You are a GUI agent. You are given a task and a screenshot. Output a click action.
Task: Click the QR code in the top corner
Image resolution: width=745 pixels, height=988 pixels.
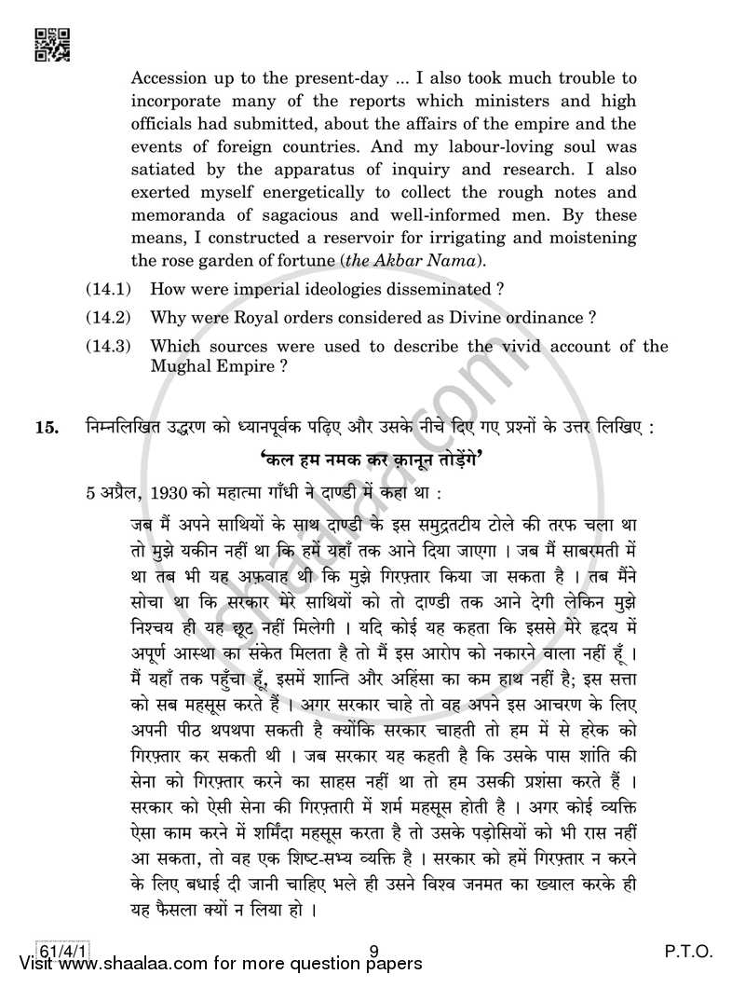50,44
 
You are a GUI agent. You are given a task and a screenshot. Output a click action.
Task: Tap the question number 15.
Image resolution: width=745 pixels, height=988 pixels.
47,403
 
